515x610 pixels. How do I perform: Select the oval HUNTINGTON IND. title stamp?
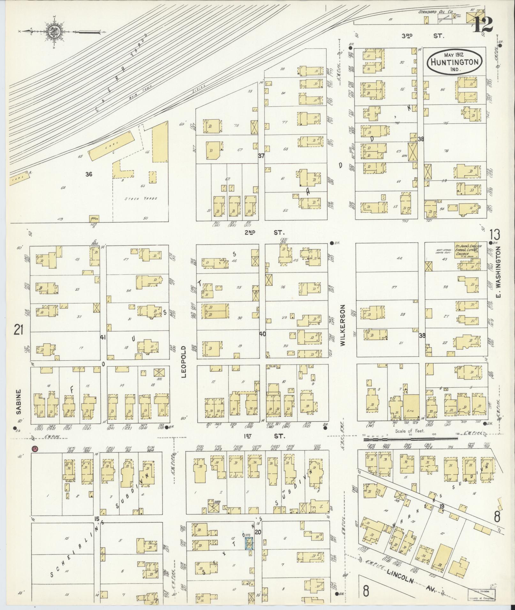455,62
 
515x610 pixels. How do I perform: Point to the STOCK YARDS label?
141,198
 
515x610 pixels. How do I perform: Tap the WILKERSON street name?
343,325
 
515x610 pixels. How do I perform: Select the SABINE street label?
18,401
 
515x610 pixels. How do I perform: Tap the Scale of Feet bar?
411,439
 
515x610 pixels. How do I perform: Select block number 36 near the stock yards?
89,174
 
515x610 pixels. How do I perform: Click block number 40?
262,334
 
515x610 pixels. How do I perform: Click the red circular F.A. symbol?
35,449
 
